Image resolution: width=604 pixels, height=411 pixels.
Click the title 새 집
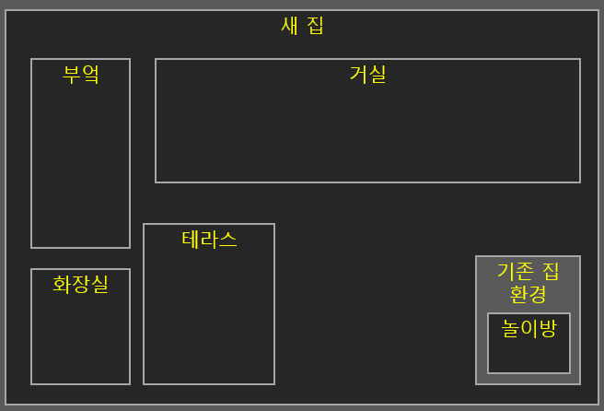coord(302,26)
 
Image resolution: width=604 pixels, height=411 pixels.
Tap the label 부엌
coord(80,75)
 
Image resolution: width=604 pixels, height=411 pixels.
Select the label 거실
coord(367,75)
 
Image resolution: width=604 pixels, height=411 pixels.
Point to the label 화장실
coord(80,285)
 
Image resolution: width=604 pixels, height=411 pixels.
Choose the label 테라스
coord(209,240)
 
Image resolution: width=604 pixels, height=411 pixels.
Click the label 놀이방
coord(528,328)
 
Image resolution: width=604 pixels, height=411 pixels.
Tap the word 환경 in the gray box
coord(528,294)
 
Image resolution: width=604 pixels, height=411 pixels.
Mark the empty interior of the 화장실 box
coord(80,341)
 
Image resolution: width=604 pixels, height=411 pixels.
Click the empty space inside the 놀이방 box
coord(528,357)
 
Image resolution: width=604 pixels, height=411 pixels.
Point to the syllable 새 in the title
coord(289,26)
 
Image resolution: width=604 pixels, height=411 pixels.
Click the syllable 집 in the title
coord(315,26)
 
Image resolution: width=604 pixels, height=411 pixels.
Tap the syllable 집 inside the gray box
coord(551,271)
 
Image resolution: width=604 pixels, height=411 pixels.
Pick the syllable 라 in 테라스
coord(209,240)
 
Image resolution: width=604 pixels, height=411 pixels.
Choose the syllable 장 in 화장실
coord(80,285)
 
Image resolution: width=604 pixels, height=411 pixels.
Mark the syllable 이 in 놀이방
coord(528,328)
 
